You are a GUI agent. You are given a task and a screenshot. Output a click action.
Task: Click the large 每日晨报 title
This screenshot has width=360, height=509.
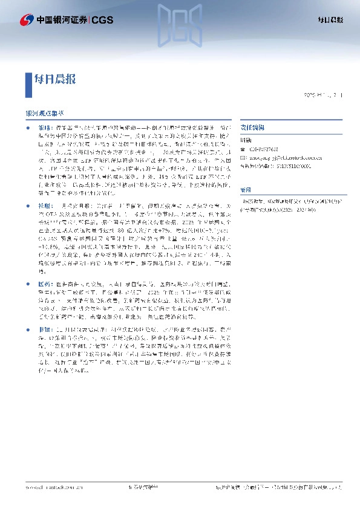[x=56, y=79]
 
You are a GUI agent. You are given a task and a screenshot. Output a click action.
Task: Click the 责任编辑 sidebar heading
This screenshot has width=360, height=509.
[x=250, y=128]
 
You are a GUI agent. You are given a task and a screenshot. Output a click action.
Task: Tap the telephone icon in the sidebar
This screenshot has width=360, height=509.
[x=243, y=149]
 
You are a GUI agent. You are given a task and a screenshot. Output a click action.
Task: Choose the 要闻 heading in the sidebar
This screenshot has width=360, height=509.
[x=245, y=189]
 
